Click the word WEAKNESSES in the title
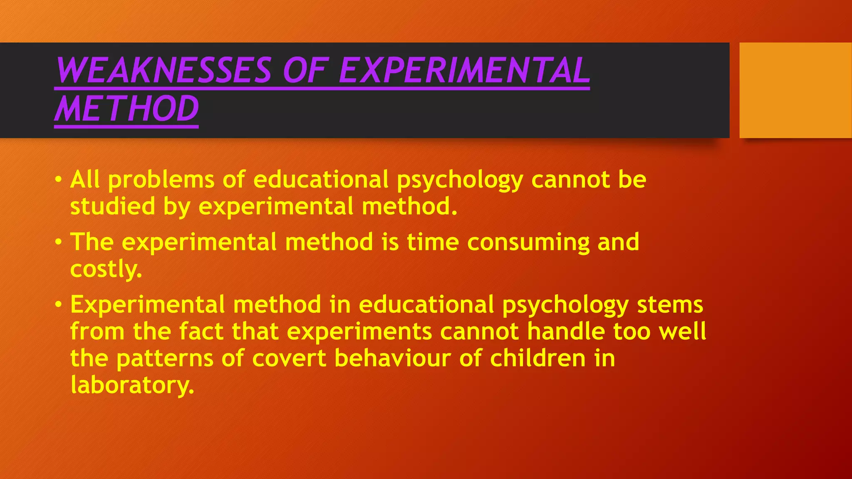164,70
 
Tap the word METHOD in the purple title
127,109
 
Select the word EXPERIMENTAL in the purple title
465,70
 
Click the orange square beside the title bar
795,90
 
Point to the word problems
161,180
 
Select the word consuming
528,242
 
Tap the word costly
106,269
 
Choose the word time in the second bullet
433,242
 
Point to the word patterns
165,359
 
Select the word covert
289,358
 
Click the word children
538,358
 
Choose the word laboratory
132,385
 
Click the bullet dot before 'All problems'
59,180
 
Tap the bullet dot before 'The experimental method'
59,242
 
